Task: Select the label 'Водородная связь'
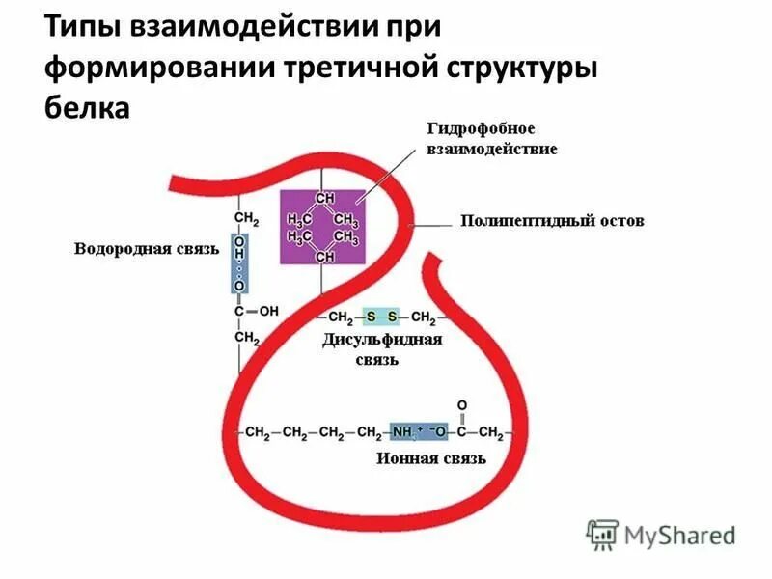pyautogui.click(x=147, y=249)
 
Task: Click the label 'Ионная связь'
pyautogui.click(x=430, y=459)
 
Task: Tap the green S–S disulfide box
pyautogui.click(x=380, y=317)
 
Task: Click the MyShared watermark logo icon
pyautogui.click(x=602, y=533)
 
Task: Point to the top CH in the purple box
pyautogui.click(x=324, y=197)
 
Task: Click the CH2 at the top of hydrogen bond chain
pyautogui.click(x=246, y=219)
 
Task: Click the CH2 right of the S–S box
pyautogui.click(x=424, y=317)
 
